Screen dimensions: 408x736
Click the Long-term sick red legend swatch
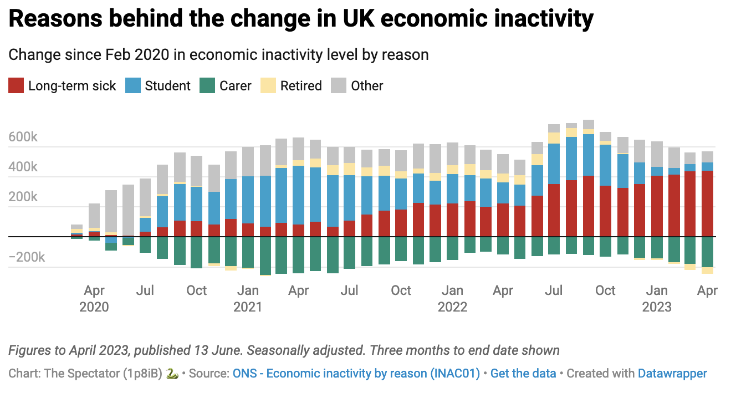(16, 86)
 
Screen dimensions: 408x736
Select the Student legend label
(167, 86)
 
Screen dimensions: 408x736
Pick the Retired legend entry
(301, 86)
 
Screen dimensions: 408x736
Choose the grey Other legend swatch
(339, 86)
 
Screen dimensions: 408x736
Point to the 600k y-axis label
(23, 137)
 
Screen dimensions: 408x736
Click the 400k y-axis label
(23, 167)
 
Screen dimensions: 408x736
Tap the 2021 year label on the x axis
(248, 307)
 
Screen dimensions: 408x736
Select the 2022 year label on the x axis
(452, 307)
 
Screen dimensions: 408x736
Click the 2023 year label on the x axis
(657, 307)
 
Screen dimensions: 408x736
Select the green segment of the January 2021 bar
(248, 252)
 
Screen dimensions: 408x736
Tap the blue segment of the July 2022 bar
(554, 164)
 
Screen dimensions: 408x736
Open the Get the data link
(523, 373)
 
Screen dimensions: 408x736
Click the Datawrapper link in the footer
(672, 373)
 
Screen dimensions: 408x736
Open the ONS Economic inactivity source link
(356, 373)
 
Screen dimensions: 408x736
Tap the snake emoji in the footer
(172, 373)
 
